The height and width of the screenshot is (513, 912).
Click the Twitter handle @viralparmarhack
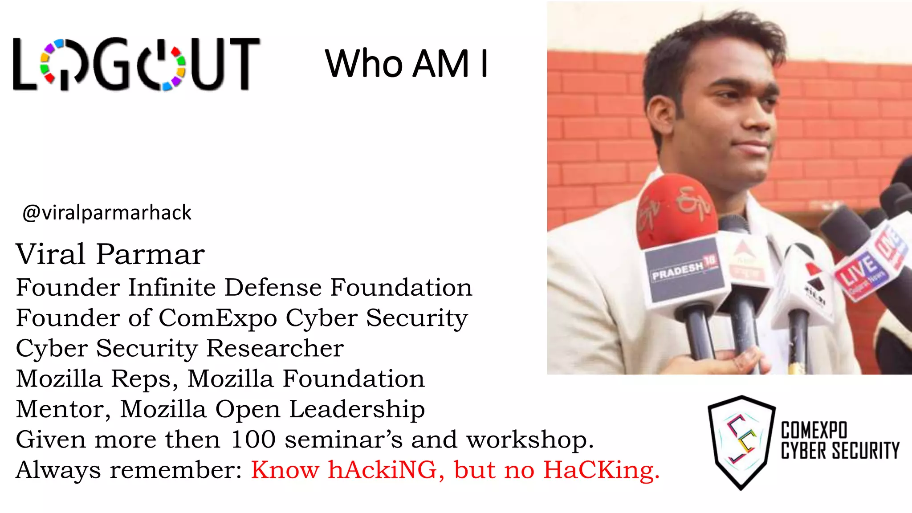tap(107, 213)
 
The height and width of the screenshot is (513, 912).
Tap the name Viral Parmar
tap(110, 254)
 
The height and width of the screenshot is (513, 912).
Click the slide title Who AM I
tap(407, 64)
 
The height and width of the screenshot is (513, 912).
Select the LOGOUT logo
tap(136, 64)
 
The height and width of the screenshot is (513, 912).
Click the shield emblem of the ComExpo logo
tap(741, 441)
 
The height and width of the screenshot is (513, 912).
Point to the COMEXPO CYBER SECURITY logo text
tap(839, 441)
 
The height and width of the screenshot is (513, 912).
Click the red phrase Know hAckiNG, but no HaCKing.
tap(455, 470)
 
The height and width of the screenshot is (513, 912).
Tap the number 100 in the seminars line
tap(253, 440)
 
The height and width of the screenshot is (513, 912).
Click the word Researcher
tap(275, 348)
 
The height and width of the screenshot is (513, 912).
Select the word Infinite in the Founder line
tap(172, 287)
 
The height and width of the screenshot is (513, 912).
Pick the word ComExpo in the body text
tap(218, 318)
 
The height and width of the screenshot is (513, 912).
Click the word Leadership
tap(357, 409)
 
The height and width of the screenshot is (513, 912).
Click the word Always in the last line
tap(58, 470)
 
